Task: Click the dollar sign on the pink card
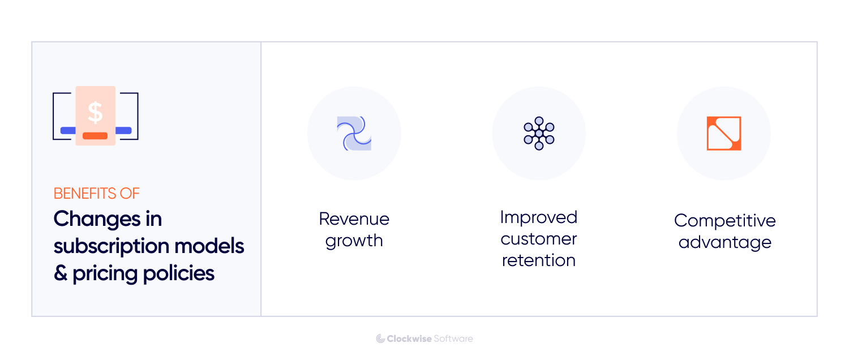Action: coord(95,113)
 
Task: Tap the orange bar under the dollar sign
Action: coord(95,136)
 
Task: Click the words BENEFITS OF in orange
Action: coord(96,194)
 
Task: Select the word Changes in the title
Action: coord(97,219)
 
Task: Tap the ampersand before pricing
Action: coord(60,274)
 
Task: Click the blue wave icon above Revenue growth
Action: coord(354,134)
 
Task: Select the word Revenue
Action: coord(354,219)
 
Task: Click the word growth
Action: coord(354,241)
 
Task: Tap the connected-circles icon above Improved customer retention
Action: coord(539,134)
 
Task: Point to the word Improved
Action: coord(539,217)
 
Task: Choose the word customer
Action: coord(539,239)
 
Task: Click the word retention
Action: coord(539,260)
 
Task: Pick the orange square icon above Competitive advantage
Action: coord(724,134)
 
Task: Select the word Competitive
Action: coord(724,221)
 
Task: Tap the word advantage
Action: coord(724,242)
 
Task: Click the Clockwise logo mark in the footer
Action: coord(380,338)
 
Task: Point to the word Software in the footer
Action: coord(453,338)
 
